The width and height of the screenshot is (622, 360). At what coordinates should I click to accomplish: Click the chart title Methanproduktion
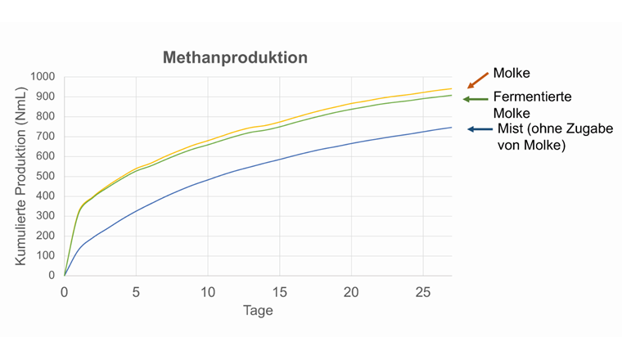click(x=235, y=58)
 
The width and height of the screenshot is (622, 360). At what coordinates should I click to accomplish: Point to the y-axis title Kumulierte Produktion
click(x=22, y=176)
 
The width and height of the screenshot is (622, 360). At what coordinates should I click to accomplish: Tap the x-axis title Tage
click(x=257, y=311)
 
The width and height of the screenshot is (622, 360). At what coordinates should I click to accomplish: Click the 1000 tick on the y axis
click(x=42, y=77)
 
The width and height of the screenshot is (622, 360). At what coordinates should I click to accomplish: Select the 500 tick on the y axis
click(x=45, y=176)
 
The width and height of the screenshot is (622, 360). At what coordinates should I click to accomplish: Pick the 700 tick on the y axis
click(x=45, y=137)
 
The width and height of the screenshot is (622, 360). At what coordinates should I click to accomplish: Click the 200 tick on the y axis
click(x=45, y=236)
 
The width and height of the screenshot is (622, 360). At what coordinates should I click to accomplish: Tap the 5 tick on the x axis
click(x=136, y=293)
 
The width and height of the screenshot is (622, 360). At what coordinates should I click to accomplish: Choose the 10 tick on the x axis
click(x=207, y=293)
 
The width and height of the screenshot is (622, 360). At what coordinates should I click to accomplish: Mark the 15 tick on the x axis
click(x=279, y=293)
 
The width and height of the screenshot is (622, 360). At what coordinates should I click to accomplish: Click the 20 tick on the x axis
click(x=351, y=293)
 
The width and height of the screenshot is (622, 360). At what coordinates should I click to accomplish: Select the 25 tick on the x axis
click(x=423, y=293)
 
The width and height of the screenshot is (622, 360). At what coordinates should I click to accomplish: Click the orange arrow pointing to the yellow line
click(x=476, y=79)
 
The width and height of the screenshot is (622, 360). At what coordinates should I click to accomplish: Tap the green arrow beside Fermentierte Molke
click(x=476, y=99)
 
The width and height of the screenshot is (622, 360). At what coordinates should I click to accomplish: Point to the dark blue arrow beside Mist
click(x=480, y=129)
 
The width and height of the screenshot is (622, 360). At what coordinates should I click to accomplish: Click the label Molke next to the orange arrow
click(x=512, y=74)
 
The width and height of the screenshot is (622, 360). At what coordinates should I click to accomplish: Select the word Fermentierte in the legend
click(x=532, y=97)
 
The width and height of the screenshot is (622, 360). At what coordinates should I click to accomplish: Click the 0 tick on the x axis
click(x=64, y=293)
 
